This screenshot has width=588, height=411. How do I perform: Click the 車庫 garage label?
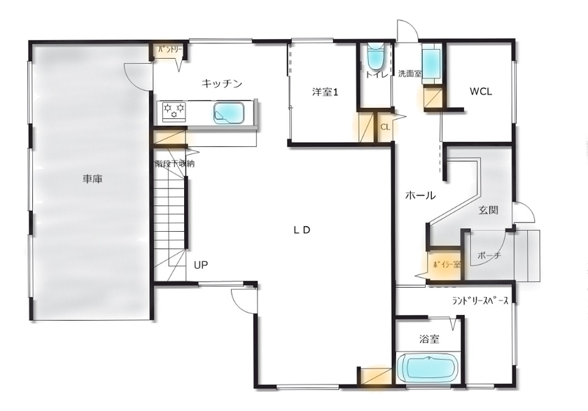(x=92, y=180)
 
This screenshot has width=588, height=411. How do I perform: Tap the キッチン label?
(x=222, y=84)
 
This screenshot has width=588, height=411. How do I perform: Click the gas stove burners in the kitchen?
(x=174, y=110)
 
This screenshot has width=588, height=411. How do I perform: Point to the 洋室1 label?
(x=325, y=91)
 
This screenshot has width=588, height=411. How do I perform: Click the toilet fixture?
(x=376, y=57)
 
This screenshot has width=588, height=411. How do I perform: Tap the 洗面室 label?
(x=409, y=74)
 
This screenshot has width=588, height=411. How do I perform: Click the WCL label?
(x=480, y=91)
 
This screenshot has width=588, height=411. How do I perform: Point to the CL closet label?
(x=385, y=127)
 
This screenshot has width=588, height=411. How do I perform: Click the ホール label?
(x=421, y=196)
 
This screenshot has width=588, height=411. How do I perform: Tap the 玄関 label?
(x=489, y=210)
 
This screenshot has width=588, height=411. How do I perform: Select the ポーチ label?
(x=489, y=256)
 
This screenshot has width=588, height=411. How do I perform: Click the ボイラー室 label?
(x=446, y=265)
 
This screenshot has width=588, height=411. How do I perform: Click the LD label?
(x=301, y=230)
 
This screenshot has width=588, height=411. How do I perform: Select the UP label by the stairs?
(x=201, y=265)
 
